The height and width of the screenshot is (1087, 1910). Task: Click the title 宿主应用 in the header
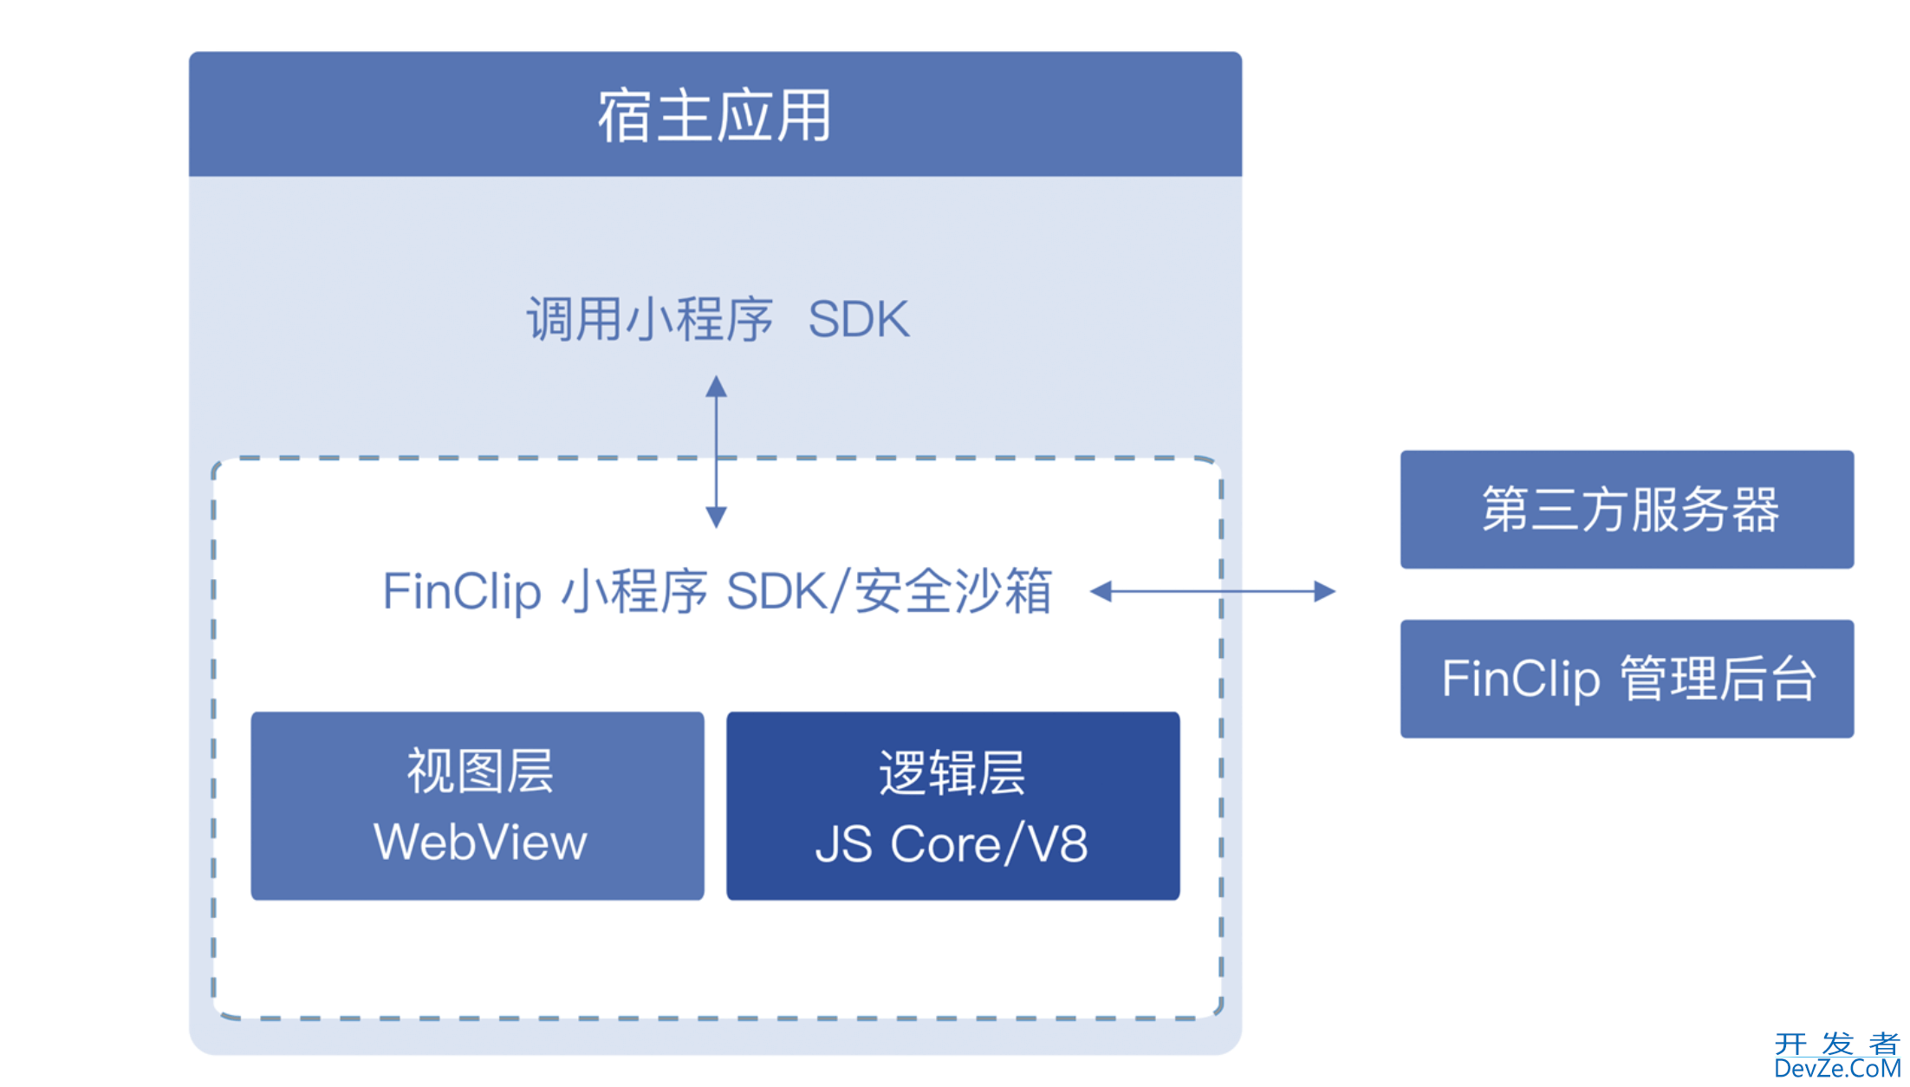[x=715, y=115]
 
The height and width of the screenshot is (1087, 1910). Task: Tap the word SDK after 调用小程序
[x=858, y=319]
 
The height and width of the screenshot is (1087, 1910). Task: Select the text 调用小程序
[x=650, y=319]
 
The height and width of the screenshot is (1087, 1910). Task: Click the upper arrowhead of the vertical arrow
[x=716, y=387]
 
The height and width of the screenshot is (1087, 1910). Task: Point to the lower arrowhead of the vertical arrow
[x=716, y=517]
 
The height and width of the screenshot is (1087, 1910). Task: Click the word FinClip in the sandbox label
[x=462, y=592]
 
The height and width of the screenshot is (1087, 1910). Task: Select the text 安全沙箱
[x=953, y=592]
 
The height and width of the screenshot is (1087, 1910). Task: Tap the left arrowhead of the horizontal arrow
[x=1101, y=592]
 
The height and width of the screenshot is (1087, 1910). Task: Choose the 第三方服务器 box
[x=1627, y=509]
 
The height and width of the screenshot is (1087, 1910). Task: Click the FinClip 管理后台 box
[x=1627, y=679]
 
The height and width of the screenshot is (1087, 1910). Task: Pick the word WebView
[x=480, y=843]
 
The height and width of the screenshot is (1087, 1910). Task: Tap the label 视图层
[x=480, y=771]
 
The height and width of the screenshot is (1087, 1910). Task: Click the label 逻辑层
[x=952, y=772]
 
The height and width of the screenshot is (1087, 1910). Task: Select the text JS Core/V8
[x=952, y=844]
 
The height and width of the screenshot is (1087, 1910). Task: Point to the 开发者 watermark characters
[x=1836, y=1044]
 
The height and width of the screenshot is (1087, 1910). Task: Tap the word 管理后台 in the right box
[x=1718, y=679]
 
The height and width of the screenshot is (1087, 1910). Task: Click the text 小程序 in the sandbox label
[x=634, y=592]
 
